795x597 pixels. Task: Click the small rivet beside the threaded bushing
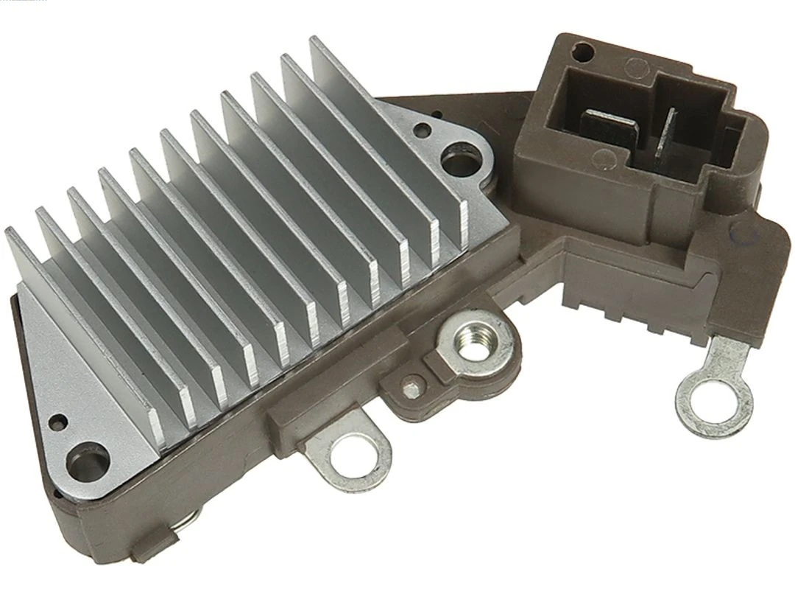tap(414, 383)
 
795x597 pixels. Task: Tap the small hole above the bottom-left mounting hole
tap(58, 422)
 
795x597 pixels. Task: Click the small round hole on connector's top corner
tap(583, 52)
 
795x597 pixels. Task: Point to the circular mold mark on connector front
tap(603, 157)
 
